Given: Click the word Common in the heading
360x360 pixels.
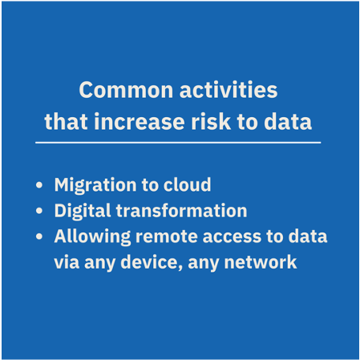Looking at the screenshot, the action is [x=126, y=90].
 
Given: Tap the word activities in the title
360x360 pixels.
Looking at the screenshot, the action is [x=229, y=90].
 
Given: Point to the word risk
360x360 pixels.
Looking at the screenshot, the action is [x=211, y=121].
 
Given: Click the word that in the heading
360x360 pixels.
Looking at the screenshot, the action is [x=66, y=121].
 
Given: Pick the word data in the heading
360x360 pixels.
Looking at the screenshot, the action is [x=288, y=121].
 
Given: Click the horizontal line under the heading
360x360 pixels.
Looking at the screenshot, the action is [x=178, y=143].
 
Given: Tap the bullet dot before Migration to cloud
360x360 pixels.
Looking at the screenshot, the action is [x=39, y=185].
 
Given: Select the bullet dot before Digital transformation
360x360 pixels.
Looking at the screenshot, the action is [x=39, y=211].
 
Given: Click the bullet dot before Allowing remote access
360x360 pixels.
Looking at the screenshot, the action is [x=39, y=237].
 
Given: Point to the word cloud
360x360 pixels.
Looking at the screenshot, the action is [x=187, y=184].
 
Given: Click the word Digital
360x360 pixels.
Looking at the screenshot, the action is [x=83, y=211].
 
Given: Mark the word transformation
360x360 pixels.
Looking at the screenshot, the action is [x=182, y=210].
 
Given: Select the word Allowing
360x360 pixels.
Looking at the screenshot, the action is [x=92, y=237].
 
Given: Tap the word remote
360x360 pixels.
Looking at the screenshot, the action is [x=167, y=237].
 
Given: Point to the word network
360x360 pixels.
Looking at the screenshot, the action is [x=261, y=262].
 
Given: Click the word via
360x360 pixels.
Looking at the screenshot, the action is [x=67, y=262].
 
